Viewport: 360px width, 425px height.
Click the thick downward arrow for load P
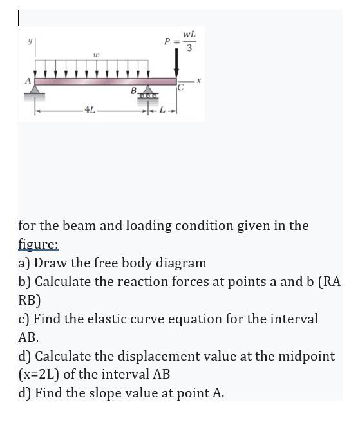[176, 64]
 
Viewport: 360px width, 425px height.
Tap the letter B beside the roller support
[135, 90]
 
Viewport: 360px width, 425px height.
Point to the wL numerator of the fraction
[188, 33]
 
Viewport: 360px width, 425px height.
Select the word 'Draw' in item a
[52, 263]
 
